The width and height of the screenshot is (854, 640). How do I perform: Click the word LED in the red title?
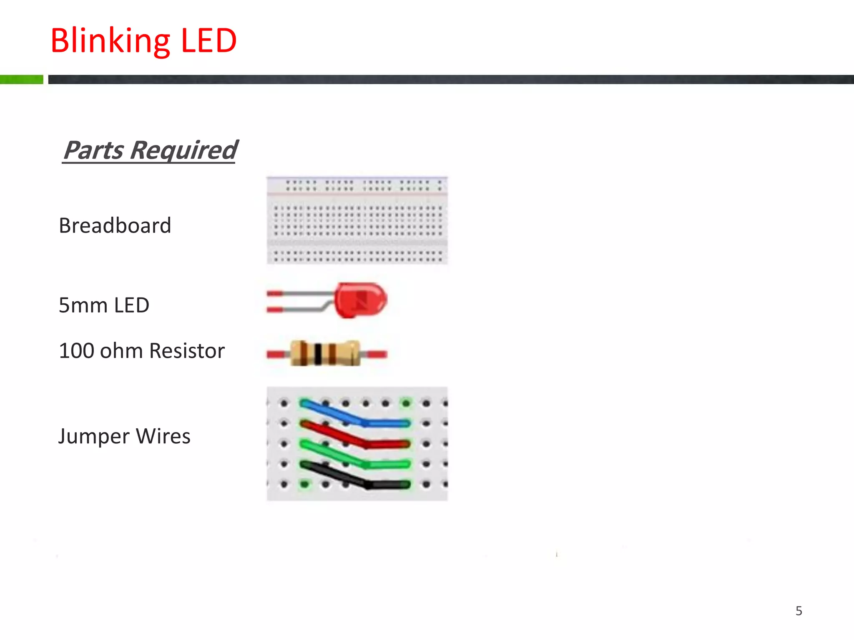pos(208,41)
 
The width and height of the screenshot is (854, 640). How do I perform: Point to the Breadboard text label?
pos(115,226)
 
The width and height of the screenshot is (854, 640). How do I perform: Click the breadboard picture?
pos(357,220)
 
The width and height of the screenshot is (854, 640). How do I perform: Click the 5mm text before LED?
pos(83,305)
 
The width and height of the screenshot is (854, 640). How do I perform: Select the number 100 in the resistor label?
pos(77,351)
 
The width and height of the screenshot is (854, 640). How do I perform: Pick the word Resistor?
pos(187,351)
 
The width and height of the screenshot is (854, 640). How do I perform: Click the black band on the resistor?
pos(318,354)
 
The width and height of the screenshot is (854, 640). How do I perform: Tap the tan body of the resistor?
pos(344,353)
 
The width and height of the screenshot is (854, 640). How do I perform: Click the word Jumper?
pos(94,437)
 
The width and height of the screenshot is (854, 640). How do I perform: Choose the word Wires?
pos(163,437)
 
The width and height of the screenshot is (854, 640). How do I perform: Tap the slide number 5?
pos(799,611)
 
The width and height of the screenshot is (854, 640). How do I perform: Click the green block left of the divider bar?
pos(22,79)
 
